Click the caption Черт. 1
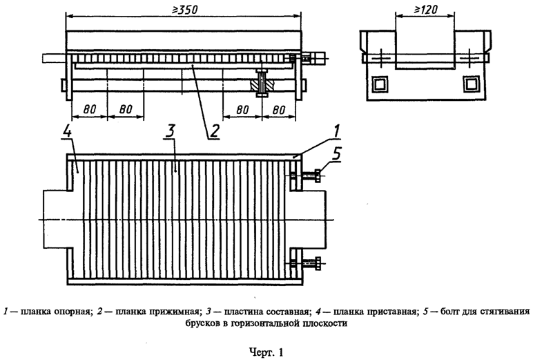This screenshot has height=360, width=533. click(266, 352)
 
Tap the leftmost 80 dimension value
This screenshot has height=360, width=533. click(88, 109)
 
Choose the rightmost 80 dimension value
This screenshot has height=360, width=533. click(280, 109)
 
